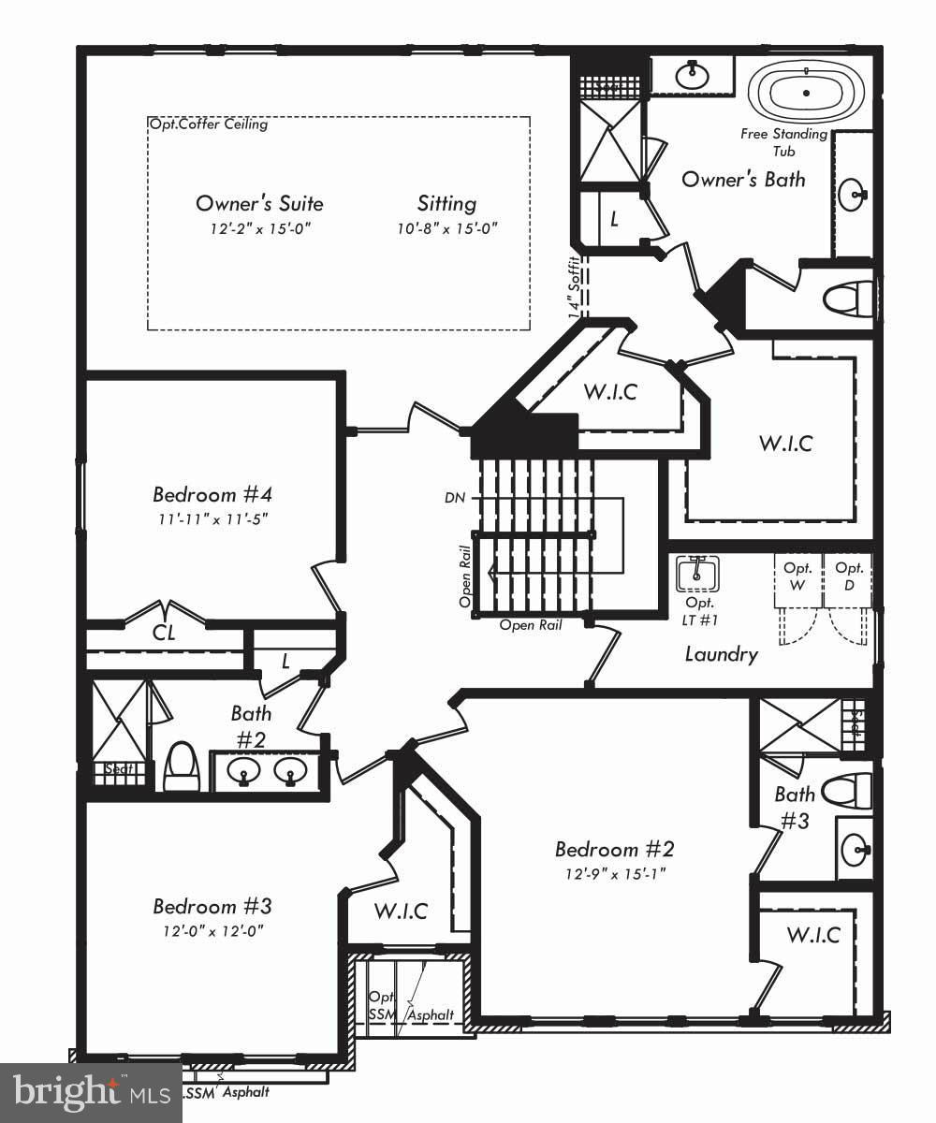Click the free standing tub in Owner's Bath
805,94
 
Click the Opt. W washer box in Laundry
797,576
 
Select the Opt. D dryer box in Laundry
849,576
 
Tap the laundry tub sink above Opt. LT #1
697,573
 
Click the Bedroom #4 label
212,494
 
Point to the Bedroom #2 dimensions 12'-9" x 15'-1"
614,874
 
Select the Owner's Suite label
259,204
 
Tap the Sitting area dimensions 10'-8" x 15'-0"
446,228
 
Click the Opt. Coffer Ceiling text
208,124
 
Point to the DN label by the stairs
456,498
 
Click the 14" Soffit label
576,285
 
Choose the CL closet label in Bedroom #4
164,634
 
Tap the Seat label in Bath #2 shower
119,769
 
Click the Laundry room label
721,654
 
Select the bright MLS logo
91,1092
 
